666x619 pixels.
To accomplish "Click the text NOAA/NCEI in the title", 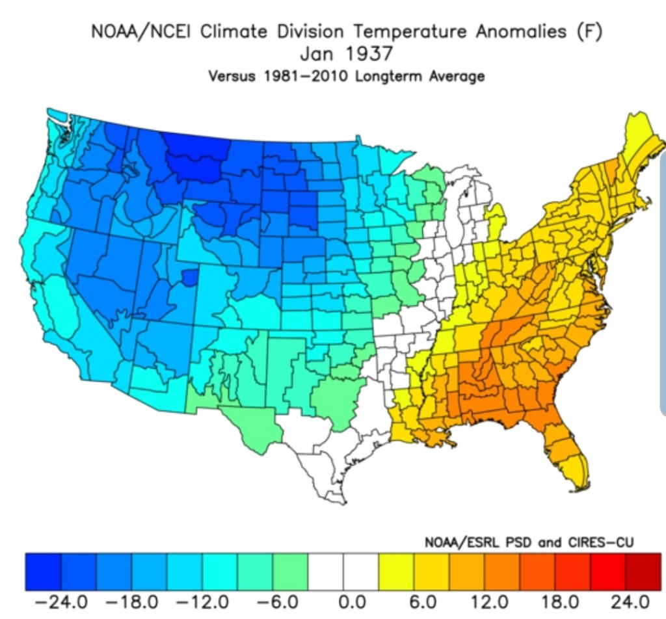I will click(x=140, y=31).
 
